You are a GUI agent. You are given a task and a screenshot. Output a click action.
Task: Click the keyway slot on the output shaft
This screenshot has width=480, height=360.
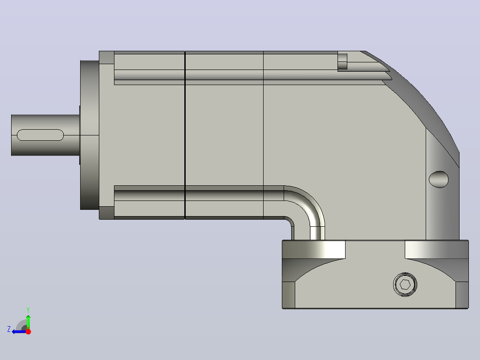[x=40, y=135]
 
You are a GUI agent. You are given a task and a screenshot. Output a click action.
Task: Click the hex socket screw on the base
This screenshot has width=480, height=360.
[x=405, y=284]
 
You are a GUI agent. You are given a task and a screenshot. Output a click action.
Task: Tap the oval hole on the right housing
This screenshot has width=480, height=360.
[x=439, y=179]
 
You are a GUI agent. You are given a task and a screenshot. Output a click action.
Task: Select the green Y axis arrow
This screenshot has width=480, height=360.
[x=28, y=322]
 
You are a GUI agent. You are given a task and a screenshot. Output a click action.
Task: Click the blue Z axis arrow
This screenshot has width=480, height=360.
[x=19, y=331]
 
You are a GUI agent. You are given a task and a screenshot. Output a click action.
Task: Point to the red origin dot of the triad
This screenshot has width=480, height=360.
[x=28, y=331]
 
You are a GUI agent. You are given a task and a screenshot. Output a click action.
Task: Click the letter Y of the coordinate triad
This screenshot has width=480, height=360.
[x=28, y=310]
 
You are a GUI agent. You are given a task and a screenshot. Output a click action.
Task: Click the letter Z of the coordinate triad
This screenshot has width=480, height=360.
[x=9, y=329]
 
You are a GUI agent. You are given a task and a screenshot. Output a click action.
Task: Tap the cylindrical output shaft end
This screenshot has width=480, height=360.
[x=45, y=135]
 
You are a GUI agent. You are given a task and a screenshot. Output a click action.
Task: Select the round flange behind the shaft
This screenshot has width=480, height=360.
[x=89, y=135]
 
